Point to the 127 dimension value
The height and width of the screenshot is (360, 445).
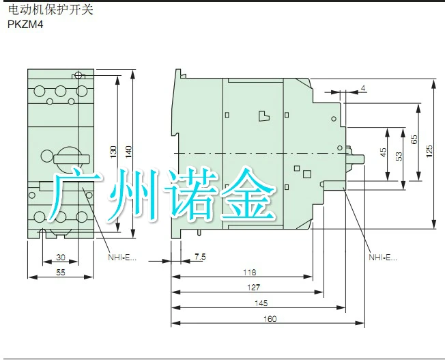tap(253, 288)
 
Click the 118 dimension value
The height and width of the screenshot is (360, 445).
tap(250, 272)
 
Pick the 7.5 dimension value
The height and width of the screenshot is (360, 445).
tap(199, 257)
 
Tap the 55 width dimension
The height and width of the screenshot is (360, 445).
tap(60, 271)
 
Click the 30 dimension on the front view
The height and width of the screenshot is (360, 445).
tap(60, 257)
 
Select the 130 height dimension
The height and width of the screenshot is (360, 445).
tap(113, 152)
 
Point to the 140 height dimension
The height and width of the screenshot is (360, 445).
tap(128, 152)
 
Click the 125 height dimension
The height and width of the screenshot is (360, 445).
tap(429, 152)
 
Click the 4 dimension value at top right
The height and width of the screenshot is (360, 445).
tap(363, 88)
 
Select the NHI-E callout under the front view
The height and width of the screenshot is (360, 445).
tap(122, 258)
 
